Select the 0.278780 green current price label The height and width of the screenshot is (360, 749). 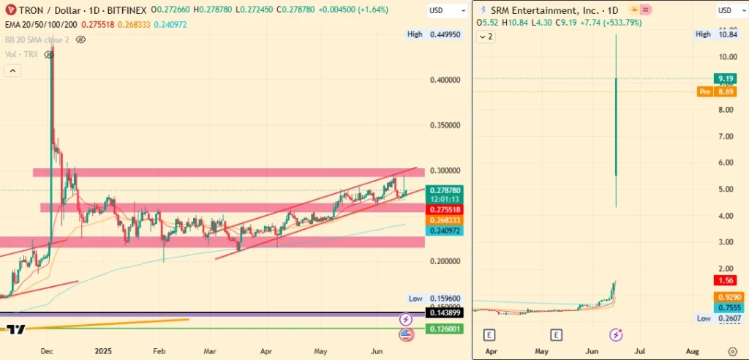point(445,190)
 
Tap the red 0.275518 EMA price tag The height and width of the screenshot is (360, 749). point(445,209)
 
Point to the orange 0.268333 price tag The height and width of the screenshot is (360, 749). point(445,220)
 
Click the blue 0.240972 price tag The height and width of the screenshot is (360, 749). point(445,230)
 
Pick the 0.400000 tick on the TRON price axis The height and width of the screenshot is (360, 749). point(445,80)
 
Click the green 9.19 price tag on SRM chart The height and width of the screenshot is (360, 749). point(726,78)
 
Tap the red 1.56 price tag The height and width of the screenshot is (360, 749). point(726,281)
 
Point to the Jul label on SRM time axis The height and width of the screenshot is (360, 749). point(640,351)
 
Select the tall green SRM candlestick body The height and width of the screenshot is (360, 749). point(616,124)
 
